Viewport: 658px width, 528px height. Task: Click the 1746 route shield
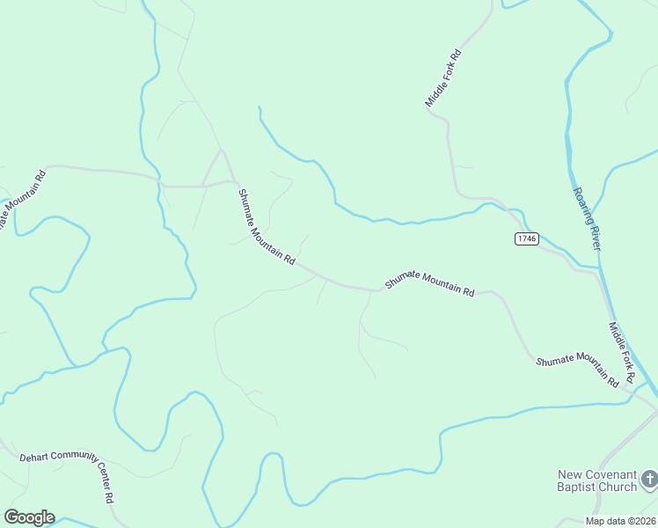point(527,238)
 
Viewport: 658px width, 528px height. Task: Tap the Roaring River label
point(586,219)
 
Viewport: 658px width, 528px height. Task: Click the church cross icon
point(649,480)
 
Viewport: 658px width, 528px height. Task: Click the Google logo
point(29,517)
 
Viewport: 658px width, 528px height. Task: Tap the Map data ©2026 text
point(619,521)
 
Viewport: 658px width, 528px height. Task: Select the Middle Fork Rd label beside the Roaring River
point(622,352)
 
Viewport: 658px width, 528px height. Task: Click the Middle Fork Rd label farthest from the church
point(443,78)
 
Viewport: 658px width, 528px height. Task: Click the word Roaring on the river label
point(581,204)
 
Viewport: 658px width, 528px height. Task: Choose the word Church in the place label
point(620,487)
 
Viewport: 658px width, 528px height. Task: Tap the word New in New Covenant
point(569,473)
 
